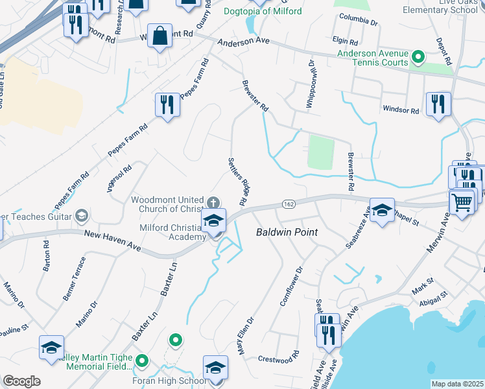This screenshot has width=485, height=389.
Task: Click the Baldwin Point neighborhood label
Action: [282, 231]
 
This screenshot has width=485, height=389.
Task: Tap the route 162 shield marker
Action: [289, 204]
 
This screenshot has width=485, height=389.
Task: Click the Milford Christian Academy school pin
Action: [213, 222]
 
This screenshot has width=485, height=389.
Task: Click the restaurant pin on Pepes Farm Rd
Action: [167, 105]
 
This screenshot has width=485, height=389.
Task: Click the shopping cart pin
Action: [462, 202]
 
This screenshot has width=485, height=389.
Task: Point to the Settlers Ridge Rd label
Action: [238, 182]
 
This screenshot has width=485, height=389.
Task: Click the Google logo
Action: [21, 381]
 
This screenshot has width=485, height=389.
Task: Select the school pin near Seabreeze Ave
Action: [382, 211]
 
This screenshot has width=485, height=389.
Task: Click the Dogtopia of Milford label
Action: [263, 12]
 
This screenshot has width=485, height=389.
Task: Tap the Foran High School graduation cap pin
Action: [215, 368]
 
